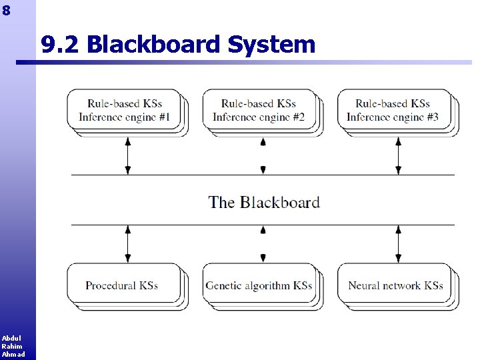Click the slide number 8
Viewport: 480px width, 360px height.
tap(7, 10)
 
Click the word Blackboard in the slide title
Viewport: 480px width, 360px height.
tap(154, 45)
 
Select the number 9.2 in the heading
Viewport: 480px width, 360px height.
tap(61, 45)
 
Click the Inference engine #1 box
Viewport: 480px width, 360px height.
tap(125, 110)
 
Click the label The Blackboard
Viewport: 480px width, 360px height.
tap(264, 202)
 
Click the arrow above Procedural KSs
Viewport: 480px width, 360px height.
tap(128, 243)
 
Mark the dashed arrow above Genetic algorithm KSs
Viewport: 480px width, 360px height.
tap(263, 243)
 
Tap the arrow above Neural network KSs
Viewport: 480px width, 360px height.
tap(399, 243)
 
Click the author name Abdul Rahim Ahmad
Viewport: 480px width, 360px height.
tap(13, 346)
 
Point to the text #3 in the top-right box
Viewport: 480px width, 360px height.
tap(431, 117)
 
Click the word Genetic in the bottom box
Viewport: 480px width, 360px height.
tap(223, 285)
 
